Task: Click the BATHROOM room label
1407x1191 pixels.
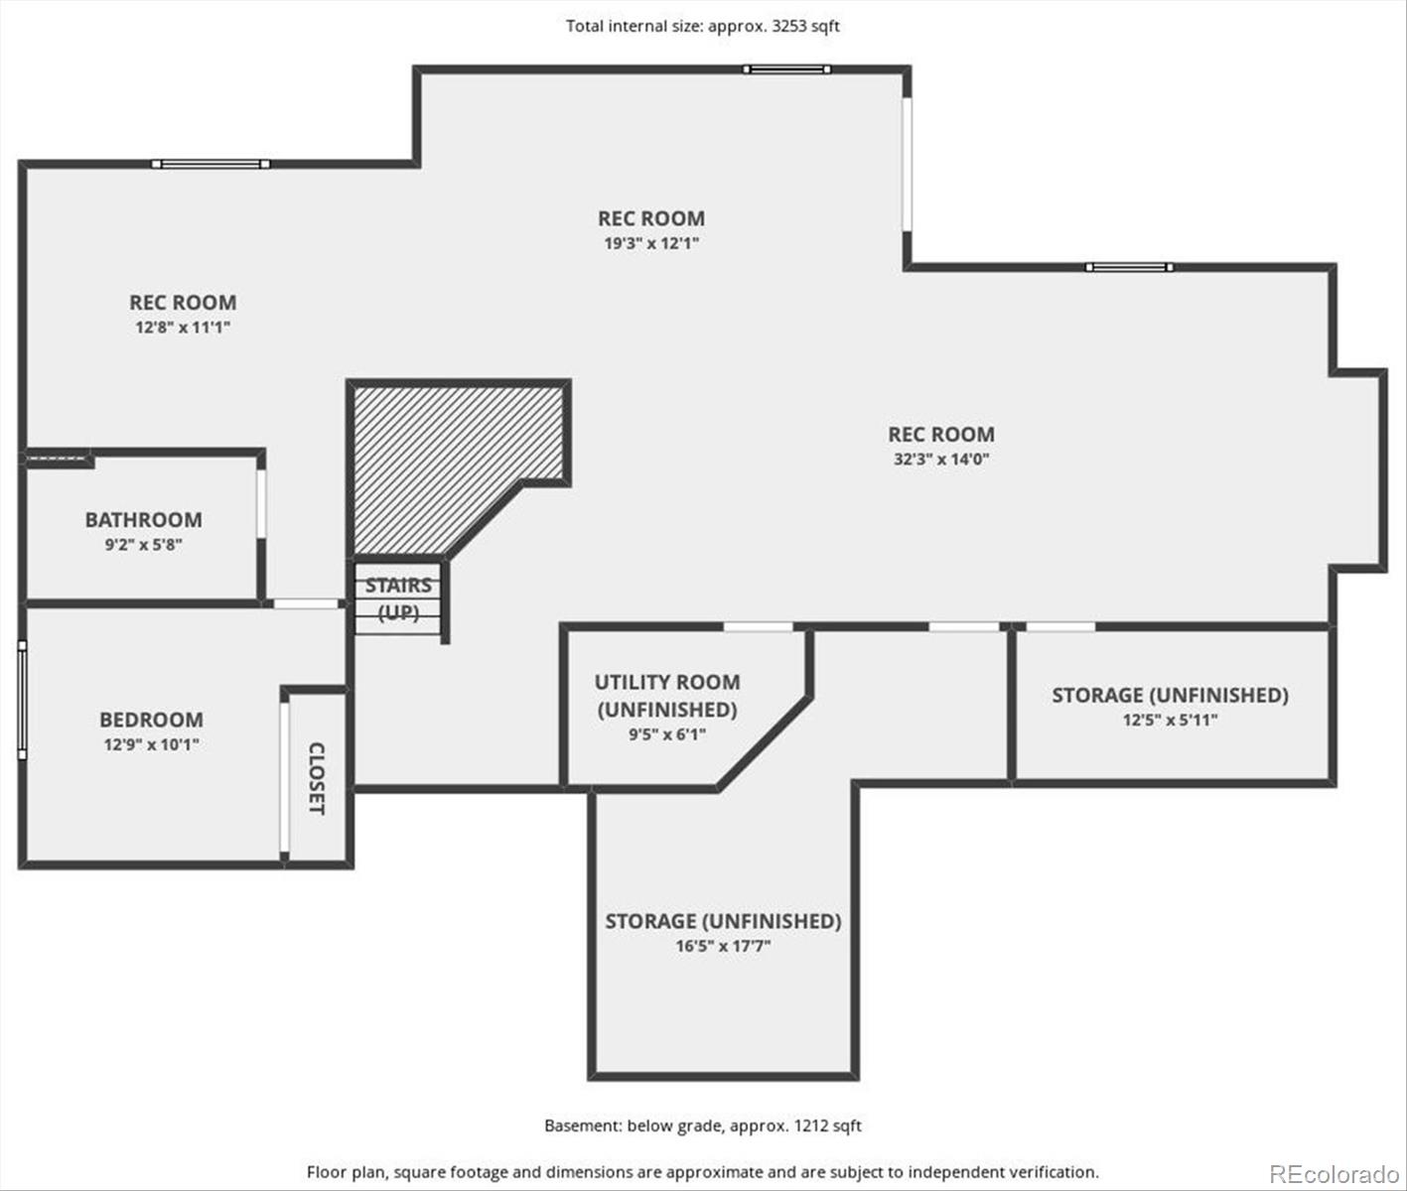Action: pyautogui.click(x=144, y=519)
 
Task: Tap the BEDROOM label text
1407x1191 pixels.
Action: pyautogui.click(x=151, y=720)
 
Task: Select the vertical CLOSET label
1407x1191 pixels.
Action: pyautogui.click(x=317, y=778)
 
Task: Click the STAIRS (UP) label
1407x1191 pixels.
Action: pyautogui.click(x=398, y=598)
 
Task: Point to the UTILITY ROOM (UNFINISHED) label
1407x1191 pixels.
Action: pyautogui.click(x=667, y=696)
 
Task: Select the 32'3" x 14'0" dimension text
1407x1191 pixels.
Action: pyautogui.click(x=940, y=459)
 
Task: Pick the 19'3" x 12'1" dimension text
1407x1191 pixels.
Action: pyautogui.click(x=651, y=243)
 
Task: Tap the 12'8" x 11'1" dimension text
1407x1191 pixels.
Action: pyautogui.click(x=183, y=328)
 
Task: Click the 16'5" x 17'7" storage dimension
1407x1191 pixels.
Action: pyautogui.click(x=723, y=946)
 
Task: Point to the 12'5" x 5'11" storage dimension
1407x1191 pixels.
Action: pyautogui.click(x=1170, y=720)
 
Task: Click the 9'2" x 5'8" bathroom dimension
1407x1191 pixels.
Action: pyautogui.click(x=144, y=545)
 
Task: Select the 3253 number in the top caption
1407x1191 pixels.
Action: pyautogui.click(x=790, y=26)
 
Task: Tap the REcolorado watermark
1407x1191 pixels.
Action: pyautogui.click(x=1335, y=1173)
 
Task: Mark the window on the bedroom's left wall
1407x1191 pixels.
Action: pyautogui.click(x=23, y=700)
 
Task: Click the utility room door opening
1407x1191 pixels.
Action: pyautogui.click(x=759, y=627)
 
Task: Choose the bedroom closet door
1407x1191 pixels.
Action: pyautogui.click(x=285, y=776)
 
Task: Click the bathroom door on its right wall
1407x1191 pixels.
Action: pyautogui.click(x=261, y=503)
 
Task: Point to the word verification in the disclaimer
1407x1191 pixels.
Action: pyautogui.click(x=1060, y=1172)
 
